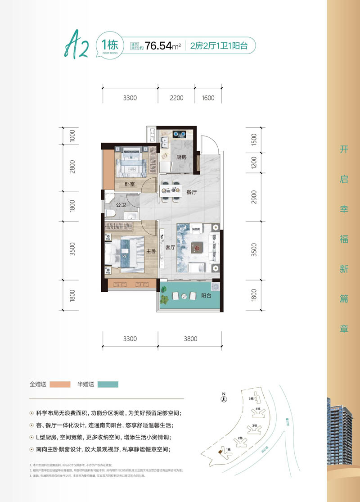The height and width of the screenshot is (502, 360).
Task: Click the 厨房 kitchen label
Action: (x=181, y=157)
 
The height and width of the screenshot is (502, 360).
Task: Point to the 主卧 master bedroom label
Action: (x=151, y=251)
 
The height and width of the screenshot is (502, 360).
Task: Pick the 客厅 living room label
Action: (x=170, y=247)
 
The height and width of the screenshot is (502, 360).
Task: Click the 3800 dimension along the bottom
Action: (x=190, y=339)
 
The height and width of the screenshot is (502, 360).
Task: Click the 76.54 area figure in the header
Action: (x=157, y=45)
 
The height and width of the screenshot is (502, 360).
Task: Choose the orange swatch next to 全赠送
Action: (x=60, y=384)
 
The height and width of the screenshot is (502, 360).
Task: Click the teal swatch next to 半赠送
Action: (x=107, y=384)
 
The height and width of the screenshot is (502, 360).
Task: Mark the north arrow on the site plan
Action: (x=224, y=398)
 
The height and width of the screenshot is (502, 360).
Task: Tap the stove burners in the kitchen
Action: (x=180, y=134)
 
